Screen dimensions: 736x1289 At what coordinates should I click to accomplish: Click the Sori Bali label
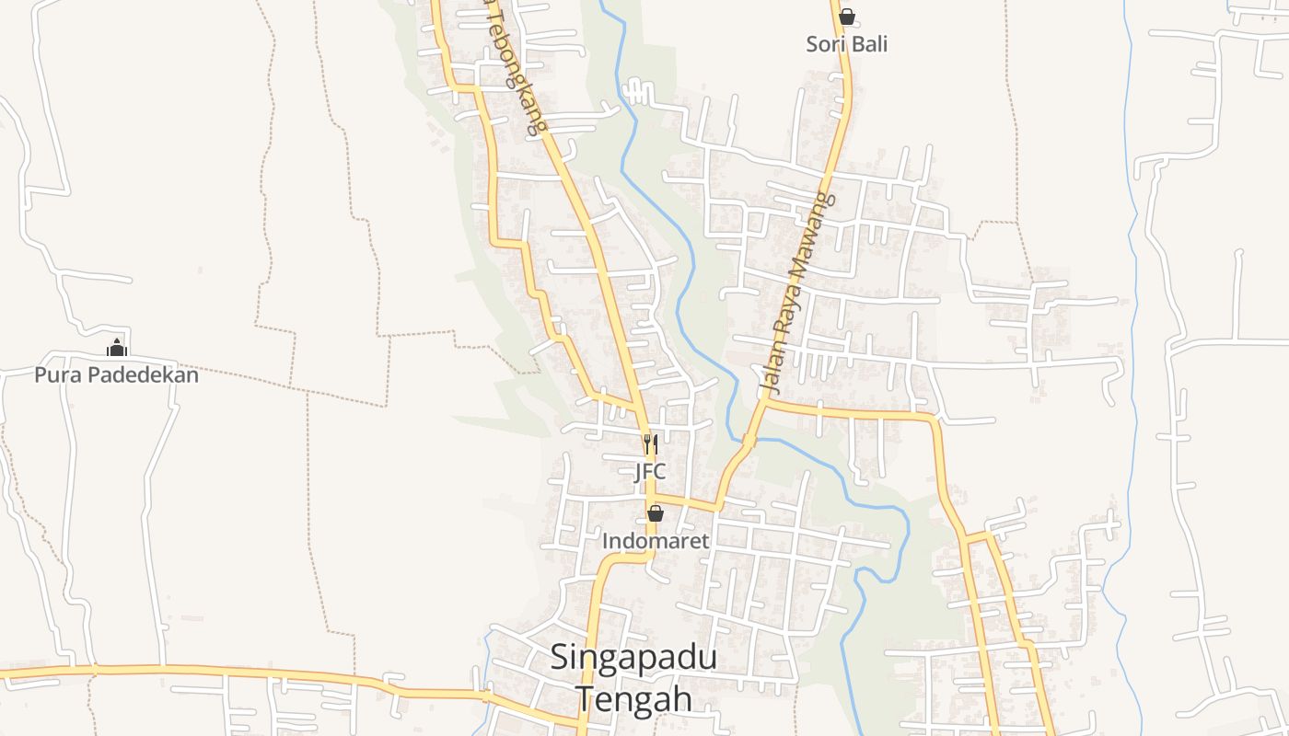click(x=847, y=44)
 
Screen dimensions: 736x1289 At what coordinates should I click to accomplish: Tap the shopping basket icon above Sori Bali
click(x=847, y=17)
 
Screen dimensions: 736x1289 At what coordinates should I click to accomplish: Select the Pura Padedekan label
click(x=116, y=375)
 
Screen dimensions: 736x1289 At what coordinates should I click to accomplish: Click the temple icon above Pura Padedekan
click(x=116, y=349)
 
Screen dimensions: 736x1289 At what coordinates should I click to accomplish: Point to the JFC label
click(x=650, y=472)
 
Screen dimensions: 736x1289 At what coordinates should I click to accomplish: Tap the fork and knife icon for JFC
click(x=650, y=445)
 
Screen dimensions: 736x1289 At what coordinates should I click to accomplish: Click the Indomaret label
click(x=656, y=541)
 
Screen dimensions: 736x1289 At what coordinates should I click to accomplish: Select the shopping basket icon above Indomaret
click(x=656, y=513)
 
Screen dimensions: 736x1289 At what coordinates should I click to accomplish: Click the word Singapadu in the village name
click(x=633, y=659)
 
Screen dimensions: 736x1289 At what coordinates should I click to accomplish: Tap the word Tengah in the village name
click(x=633, y=698)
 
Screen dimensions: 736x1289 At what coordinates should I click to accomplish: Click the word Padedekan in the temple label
click(x=138, y=375)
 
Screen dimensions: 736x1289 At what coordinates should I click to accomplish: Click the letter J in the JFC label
click(x=639, y=472)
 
